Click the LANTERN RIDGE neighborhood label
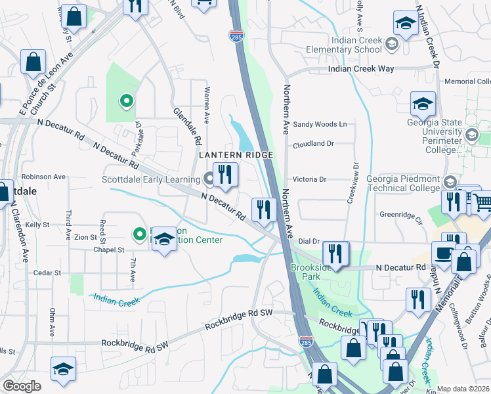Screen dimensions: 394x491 (235, 154)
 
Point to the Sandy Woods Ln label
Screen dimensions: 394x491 (320, 124)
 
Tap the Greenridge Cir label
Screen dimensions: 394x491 (401, 215)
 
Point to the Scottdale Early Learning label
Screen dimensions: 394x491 (150, 179)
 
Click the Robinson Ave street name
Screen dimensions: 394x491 (43, 177)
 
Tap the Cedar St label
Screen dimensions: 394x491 (47, 273)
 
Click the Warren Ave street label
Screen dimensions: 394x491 (207, 105)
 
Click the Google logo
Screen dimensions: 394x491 (22, 386)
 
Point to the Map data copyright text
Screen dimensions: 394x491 (463, 389)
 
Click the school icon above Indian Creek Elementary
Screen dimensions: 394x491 (406, 24)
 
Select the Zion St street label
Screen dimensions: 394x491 (85, 237)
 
